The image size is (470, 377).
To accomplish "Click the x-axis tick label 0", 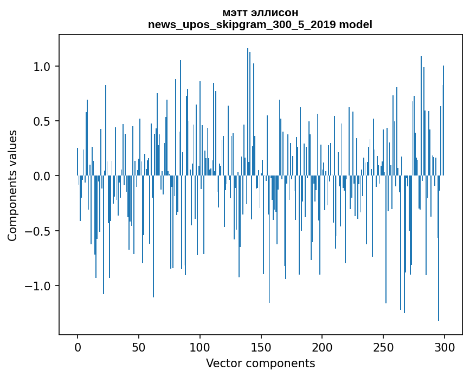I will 78,347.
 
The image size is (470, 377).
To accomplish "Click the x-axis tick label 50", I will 139,347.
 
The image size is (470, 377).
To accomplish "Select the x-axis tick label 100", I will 200,347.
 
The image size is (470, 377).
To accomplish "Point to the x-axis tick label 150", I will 261,347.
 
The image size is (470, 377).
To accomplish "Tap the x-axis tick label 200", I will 322,347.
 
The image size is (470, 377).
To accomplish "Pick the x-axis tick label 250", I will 383,347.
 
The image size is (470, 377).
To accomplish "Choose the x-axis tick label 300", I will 445,347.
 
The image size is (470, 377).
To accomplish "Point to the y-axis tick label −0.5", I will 39,231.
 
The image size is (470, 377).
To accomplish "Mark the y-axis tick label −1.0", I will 39,286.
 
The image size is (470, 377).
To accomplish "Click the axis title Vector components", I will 260,363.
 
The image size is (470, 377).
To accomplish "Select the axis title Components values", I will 12,185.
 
